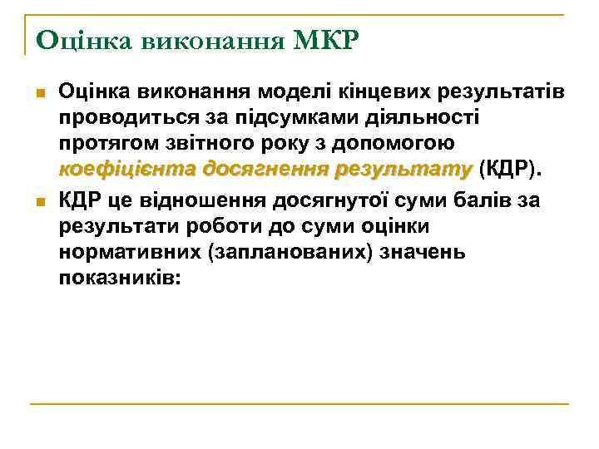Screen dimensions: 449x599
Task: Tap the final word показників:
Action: [x=118, y=281]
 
